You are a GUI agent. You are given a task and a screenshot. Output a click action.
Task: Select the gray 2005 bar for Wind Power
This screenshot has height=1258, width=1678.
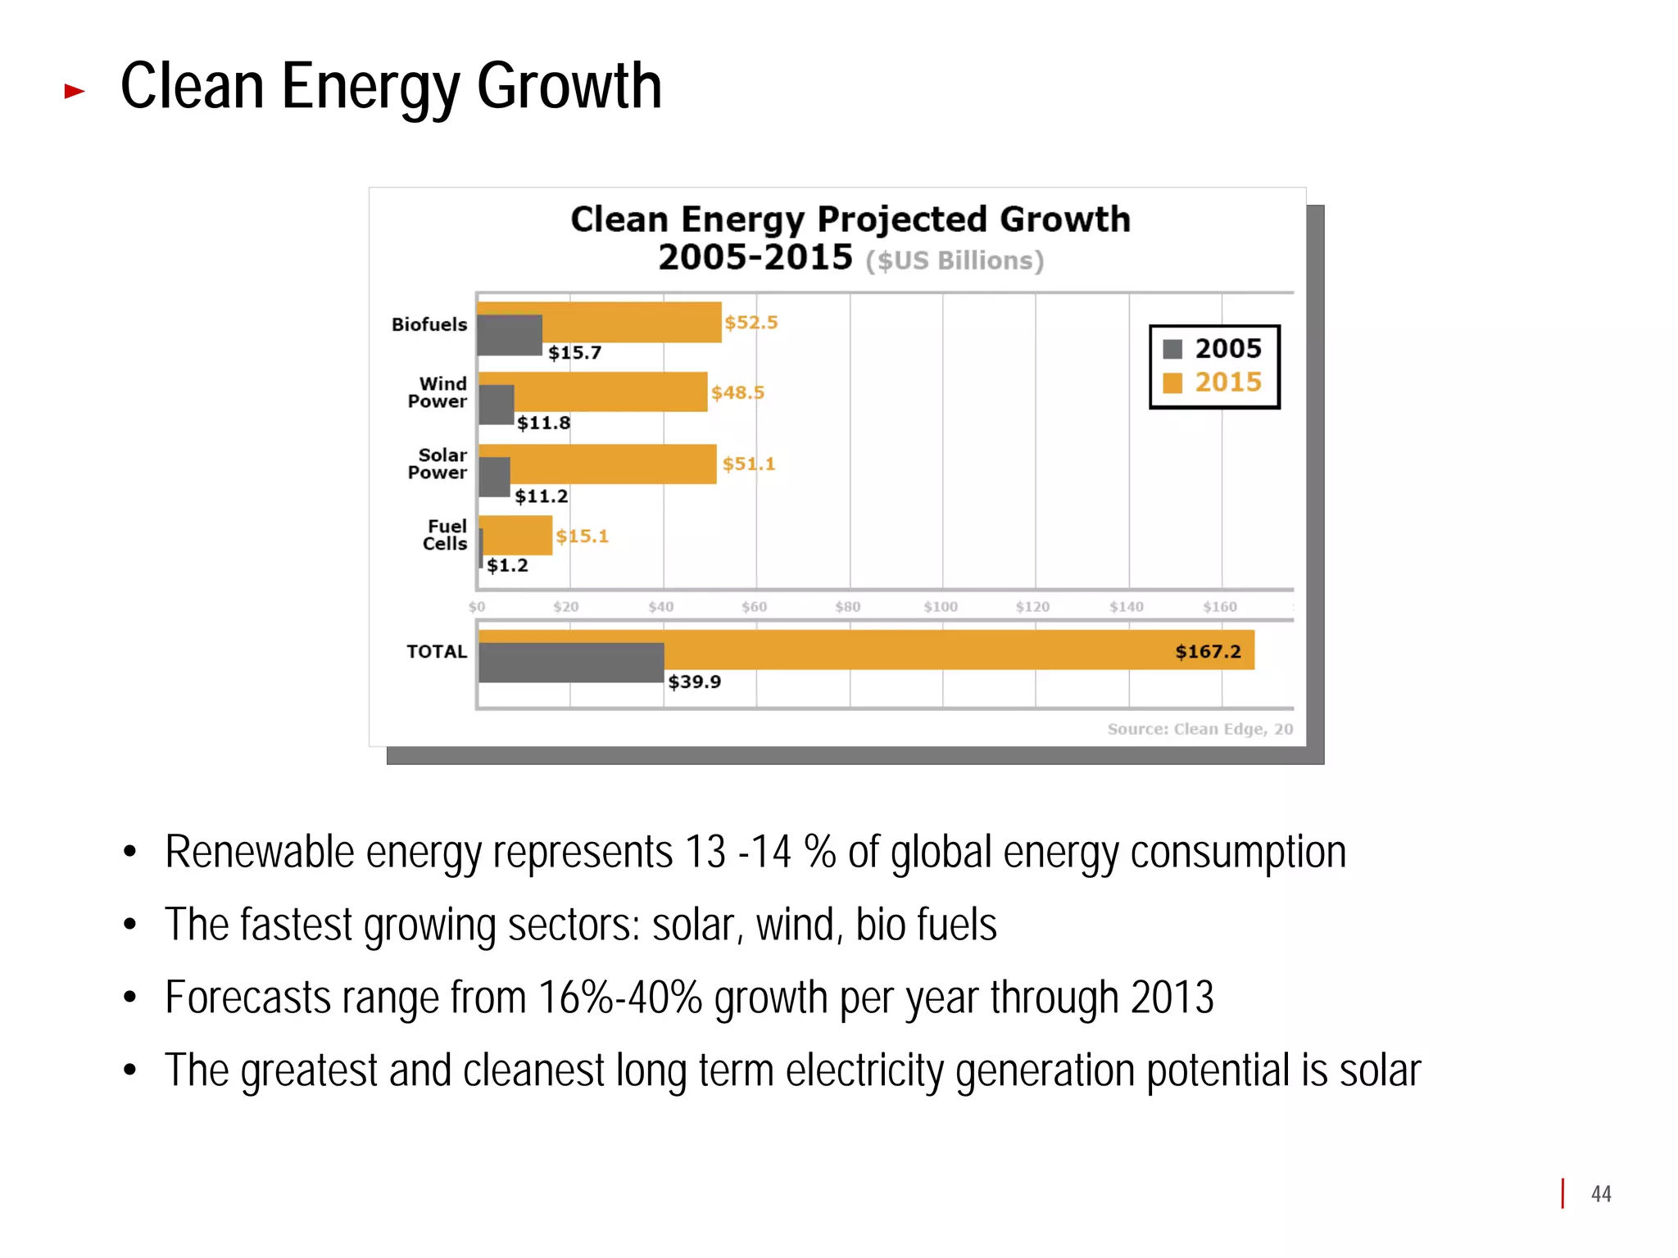tap(497, 405)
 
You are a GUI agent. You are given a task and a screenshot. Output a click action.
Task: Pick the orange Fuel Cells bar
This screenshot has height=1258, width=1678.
tap(519, 536)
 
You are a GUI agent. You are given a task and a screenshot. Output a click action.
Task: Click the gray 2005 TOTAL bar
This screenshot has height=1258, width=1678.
tap(571, 663)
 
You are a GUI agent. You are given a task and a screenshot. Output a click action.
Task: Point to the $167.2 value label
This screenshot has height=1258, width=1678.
tap(1208, 652)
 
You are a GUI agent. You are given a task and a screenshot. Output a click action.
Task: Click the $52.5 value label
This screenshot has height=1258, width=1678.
tap(751, 323)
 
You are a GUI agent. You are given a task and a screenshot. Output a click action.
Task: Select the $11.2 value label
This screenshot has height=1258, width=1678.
tap(541, 496)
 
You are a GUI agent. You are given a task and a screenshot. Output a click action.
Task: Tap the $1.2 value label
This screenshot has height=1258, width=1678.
tap(507, 565)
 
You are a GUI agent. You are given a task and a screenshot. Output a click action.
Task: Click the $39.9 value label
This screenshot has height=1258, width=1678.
tap(694, 681)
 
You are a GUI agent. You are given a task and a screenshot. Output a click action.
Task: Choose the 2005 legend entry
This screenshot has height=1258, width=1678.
tap(1213, 349)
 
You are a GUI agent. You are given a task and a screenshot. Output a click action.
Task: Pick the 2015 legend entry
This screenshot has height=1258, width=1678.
tap(1213, 382)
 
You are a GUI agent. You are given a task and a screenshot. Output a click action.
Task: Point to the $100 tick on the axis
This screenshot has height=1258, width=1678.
tap(941, 607)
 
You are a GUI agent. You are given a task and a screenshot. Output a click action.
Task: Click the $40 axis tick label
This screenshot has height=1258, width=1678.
tap(660, 607)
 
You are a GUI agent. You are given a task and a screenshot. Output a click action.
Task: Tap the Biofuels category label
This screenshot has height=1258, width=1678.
tap(429, 324)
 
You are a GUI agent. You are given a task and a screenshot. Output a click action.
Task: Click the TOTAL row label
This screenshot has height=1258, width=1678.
tap(437, 652)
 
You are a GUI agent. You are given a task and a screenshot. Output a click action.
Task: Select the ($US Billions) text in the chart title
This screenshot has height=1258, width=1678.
tap(955, 260)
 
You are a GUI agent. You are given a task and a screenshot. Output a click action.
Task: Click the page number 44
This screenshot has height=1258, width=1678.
tap(1601, 1194)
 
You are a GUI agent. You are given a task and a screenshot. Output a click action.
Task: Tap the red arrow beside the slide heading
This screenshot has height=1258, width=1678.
tap(75, 91)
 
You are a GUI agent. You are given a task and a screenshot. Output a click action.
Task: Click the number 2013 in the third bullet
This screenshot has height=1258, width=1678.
tap(1172, 998)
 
